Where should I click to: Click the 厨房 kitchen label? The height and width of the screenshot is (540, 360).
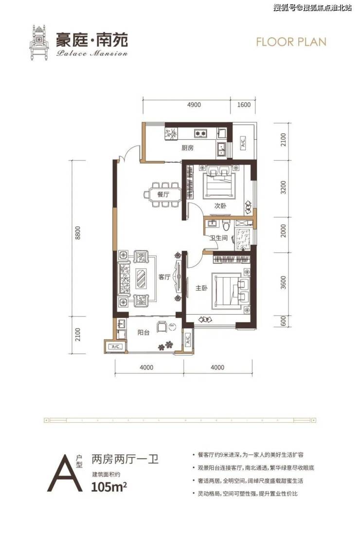coord(188,148)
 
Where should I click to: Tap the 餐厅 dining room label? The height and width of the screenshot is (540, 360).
coord(163,195)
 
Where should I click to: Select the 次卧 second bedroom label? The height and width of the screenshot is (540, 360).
coord(220,205)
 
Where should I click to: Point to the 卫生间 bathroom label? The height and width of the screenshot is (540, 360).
coord(219,238)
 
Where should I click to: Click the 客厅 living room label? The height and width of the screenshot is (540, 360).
coord(164,277)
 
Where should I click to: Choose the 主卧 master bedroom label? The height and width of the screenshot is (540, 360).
coord(201,288)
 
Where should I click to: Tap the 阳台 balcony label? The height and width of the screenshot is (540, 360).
coord(144,333)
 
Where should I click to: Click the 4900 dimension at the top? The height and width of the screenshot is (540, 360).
coord(194,104)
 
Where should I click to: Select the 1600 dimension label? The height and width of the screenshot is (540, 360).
coord(244,104)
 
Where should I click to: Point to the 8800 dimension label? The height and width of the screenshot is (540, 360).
coord(78,233)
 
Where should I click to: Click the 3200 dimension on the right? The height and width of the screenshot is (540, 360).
coord(283,187)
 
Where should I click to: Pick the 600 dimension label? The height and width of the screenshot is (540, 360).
coord(283,322)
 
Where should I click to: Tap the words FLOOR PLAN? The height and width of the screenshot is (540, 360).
coord(291,42)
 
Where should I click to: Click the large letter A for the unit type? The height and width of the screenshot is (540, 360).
coord(65,473)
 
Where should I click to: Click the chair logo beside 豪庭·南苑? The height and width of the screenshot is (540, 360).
coord(40,42)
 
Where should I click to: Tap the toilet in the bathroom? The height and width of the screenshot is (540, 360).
coord(226,225)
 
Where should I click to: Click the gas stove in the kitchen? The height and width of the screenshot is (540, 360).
coord(200,132)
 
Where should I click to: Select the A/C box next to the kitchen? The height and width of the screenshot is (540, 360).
coord(243,142)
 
